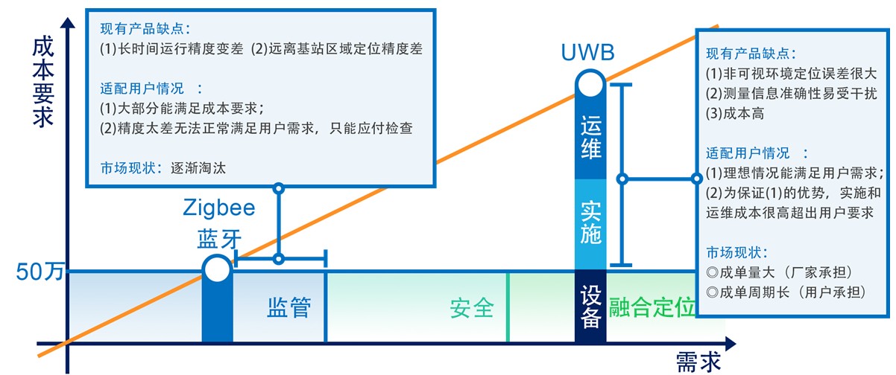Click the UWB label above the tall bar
point(589,53)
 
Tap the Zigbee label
point(218,208)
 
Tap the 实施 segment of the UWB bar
point(591,222)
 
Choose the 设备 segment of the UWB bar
point(591,307)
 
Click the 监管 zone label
point(288,307)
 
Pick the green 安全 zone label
point(472,307)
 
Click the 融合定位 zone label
point(651,307)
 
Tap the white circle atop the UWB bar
point(591,83)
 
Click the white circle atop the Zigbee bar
point(217,269)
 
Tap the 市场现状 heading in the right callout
point(736,251)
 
